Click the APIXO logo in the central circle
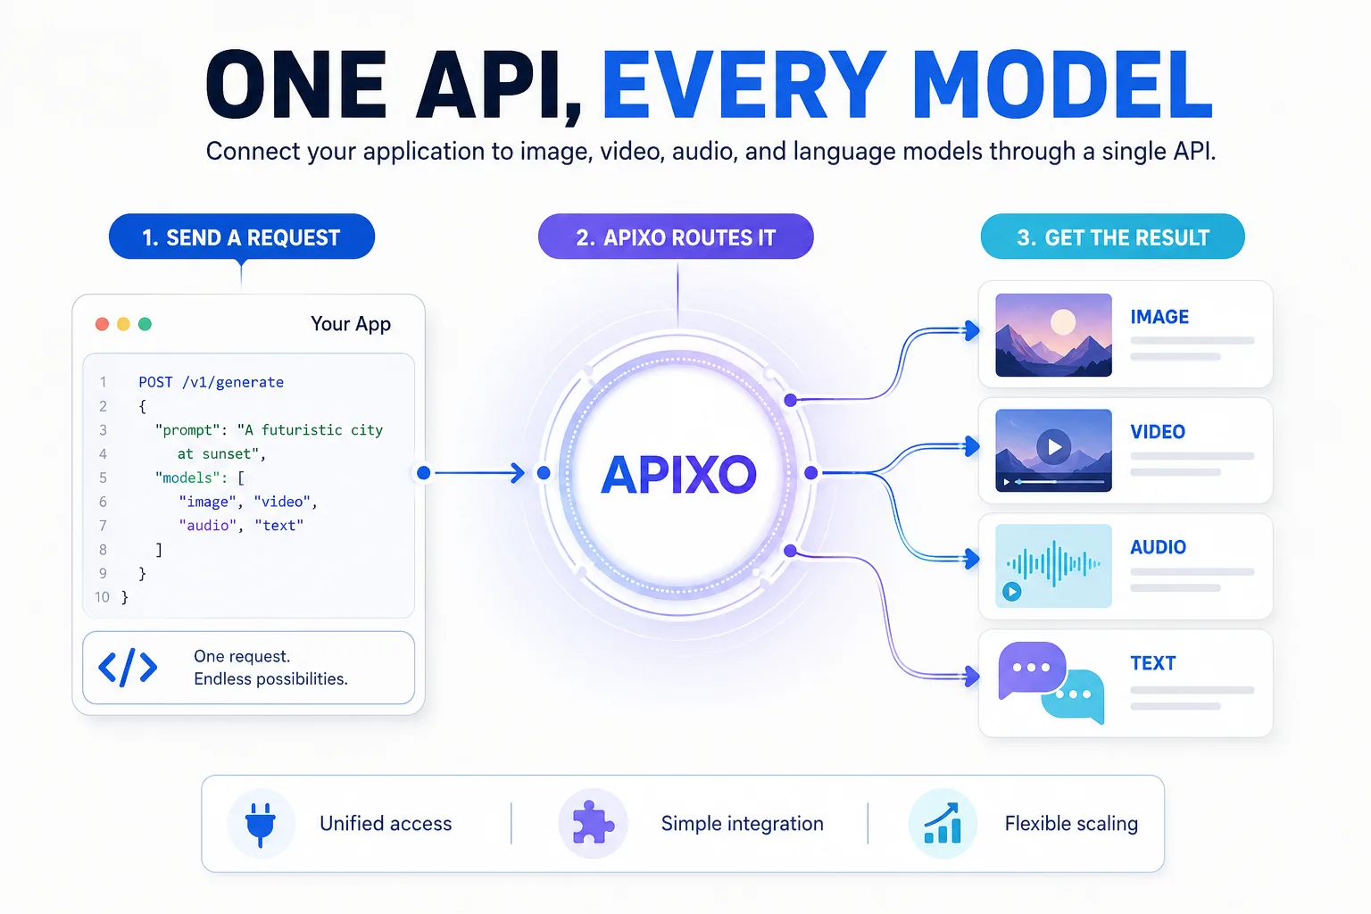click(x=678, y=474)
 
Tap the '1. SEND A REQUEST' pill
click(x=242, y=237)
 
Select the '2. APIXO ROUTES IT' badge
click(x=676, y=237)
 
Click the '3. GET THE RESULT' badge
click(x=1113, y=237)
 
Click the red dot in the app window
click(x=103, y=324)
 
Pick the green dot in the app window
click(x=145, y=324)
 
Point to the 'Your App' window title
click(x=350, y=323)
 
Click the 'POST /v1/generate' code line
click(x=212, y=382)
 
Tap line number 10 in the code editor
click(x=102, y=597)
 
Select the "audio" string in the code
click(x=207, y=525)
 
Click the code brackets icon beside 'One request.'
click(x=128, y=668)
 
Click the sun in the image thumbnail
click(x=1063, y=322)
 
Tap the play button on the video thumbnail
click(x=1053, y=447)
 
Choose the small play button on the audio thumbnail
click(x=1011, y=592)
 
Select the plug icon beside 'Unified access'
click(x=260, y=824)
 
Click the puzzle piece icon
click(x=592, y=823)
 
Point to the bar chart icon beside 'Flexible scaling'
click(x=943, y=823)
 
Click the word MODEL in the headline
click(x=1061, y=85)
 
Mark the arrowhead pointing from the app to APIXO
click(x=519, y=472)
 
